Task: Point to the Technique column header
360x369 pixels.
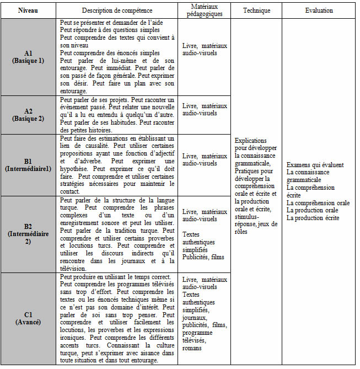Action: point(256,10)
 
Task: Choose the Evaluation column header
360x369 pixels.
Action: point(319,10)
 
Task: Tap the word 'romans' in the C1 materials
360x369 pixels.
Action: point(192,348)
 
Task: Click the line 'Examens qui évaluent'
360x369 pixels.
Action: point(315,164)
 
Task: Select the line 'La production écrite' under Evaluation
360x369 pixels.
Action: point(313,218)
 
